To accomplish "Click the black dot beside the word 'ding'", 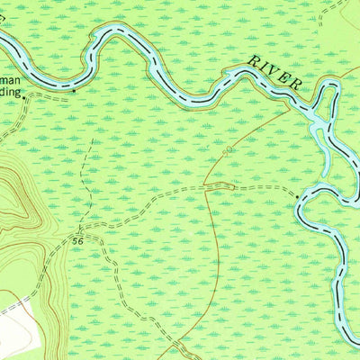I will coord(74,91).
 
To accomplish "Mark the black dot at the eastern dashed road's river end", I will coord(296,193).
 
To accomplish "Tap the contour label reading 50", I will coord(229,150).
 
